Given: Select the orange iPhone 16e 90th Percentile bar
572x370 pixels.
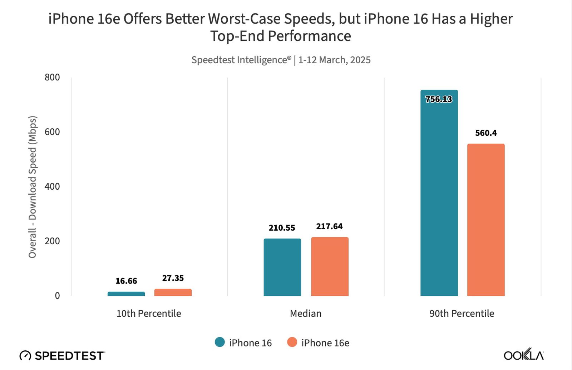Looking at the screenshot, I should tap(486, 220).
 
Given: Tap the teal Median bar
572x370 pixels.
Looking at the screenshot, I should tap(282, 267).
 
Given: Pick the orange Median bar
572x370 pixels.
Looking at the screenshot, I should tap(330, 266).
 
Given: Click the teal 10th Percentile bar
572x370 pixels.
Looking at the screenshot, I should tap(126, 294).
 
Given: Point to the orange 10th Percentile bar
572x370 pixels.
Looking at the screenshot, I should tap(173, 292).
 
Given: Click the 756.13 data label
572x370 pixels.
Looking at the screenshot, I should tap(439, 99).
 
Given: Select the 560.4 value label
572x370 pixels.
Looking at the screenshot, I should tap(486, 133).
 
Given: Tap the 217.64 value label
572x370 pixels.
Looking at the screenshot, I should tap(329, 226).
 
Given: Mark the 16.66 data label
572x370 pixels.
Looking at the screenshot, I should tap(126, 281).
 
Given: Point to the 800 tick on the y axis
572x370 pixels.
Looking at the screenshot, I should tap(52, 77).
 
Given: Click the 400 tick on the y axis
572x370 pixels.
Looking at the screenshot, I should tap(52, 186).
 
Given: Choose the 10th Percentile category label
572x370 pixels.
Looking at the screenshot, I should tap(149, 314).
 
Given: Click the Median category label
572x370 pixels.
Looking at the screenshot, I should tap(306, 314).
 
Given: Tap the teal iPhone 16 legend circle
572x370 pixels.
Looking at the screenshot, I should tap(220, 342).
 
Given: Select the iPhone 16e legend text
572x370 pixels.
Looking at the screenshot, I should tap(325, 343).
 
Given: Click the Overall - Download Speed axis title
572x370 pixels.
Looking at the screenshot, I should tap(33, 187).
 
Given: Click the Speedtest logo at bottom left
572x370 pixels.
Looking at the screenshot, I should tap(62, 356).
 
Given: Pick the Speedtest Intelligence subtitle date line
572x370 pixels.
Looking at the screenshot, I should tap(281, 60).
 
